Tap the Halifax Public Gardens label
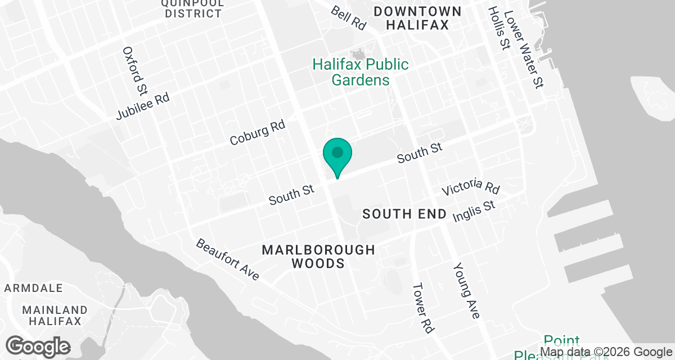[361, 72]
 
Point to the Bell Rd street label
[348, 17]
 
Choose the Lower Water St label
[524, 50]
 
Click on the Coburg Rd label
[258, 133]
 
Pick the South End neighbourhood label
[404, 214]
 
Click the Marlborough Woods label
[318, 256]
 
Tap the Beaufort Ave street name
[227, 260]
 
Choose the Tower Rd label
[422, 307]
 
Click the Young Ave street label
[466, 290]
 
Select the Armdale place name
[34, 288]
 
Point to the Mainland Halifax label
[55, 316]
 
